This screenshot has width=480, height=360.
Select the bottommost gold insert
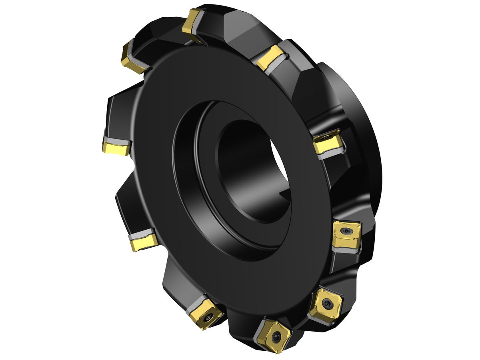[x=274, y=335]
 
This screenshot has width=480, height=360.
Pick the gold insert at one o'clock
[x=270, y=58]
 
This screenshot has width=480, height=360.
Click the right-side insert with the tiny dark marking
[x=327, y=142]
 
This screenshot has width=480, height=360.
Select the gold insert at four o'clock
[x=346, y=234]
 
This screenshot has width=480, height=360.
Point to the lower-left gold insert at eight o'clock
[x=143, y=242]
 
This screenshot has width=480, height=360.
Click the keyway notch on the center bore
[x=286, y=196]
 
